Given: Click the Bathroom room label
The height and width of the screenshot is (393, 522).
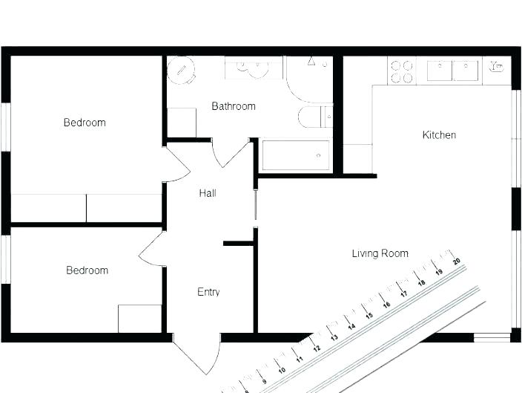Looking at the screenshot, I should (x=234, y=106).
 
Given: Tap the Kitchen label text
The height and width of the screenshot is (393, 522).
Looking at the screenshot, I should (x=439, y=135).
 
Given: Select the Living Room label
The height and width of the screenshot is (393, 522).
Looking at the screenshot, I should (x=380, y=253).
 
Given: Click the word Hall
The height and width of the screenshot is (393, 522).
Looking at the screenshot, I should (x=208, y=193).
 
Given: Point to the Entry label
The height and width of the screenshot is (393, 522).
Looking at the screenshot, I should (x=208, y=292).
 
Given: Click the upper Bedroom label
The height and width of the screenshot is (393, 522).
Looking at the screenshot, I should (x=85, y=123).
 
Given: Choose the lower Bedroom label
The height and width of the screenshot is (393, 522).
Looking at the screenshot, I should (x=87, y=270).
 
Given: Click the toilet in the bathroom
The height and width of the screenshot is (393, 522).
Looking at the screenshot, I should (x=314, y=117).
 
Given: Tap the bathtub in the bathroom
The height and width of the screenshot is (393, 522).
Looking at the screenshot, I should (x=296, y=155).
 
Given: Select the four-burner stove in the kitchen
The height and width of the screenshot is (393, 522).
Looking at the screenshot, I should (x=402, y=71).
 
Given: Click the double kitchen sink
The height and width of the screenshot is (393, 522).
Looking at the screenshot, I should (x=452, y=71).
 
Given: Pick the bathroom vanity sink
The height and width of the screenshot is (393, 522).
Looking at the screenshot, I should (x=256, y=68).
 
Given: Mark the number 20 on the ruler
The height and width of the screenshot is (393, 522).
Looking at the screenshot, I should (x=457, y=261).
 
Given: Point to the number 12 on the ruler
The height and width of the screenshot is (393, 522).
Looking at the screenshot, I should (x=317, y=348).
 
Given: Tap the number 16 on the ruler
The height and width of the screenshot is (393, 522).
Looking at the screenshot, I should (x=386, y=304).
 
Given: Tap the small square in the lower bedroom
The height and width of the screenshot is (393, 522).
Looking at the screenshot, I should (x=139, y=318).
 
